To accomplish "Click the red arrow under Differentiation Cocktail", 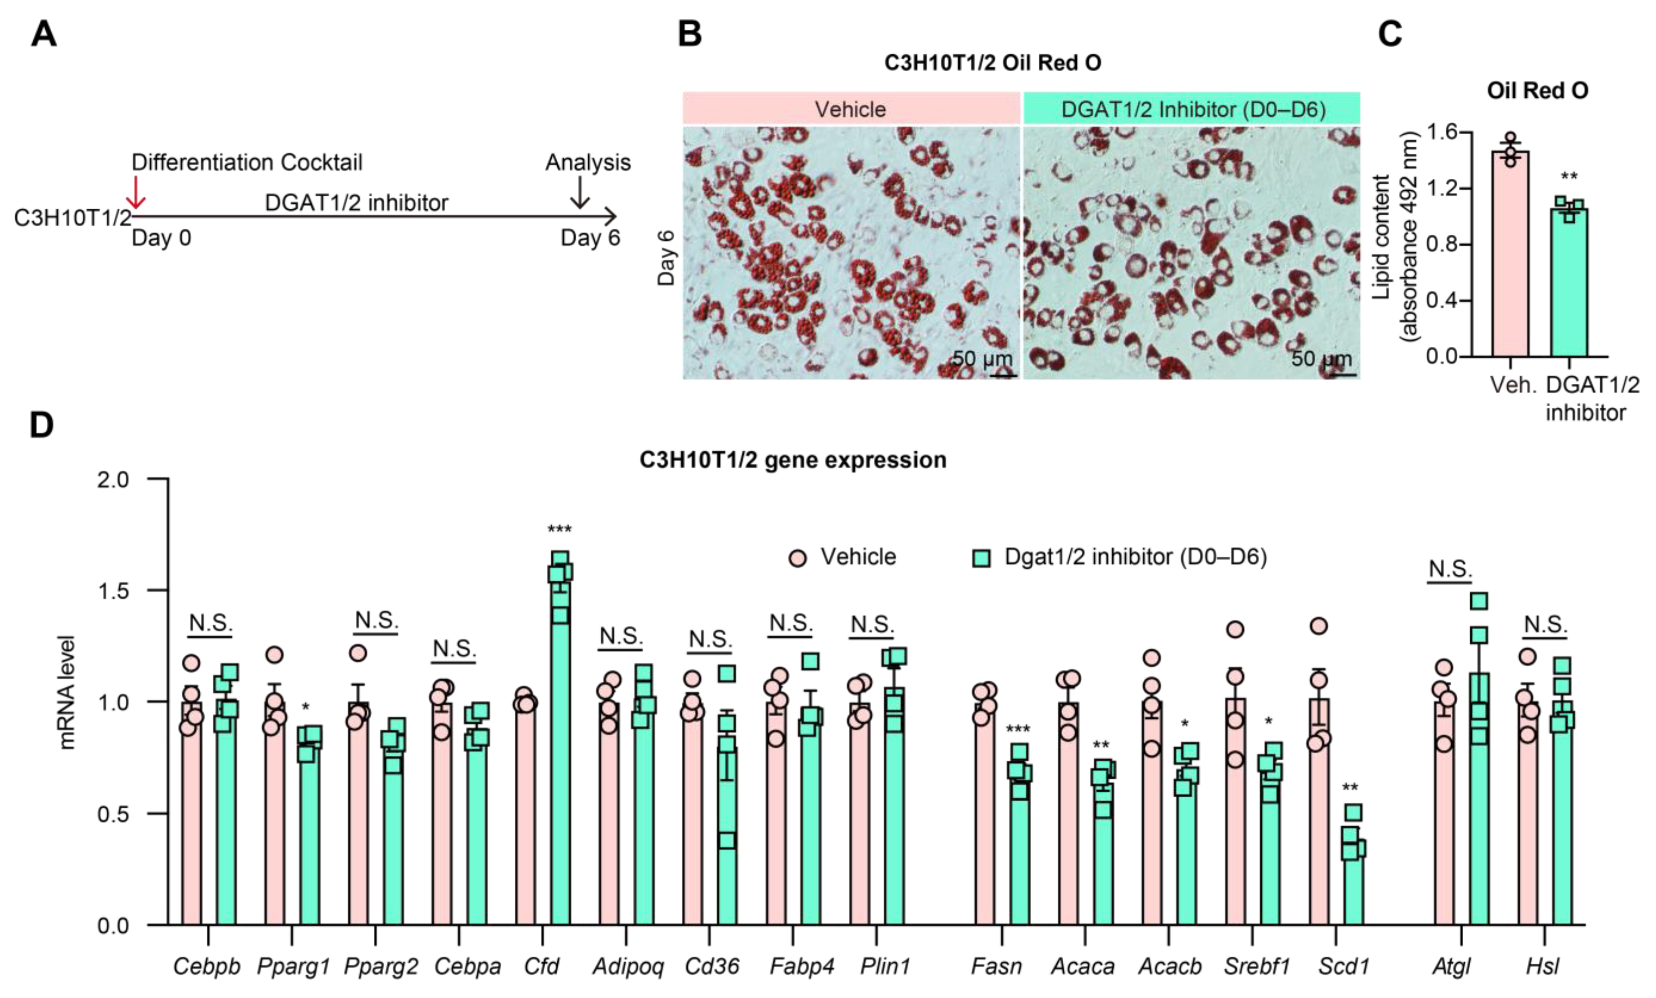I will click(x=136, y=192).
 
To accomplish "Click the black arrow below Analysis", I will click(x=579, y=192).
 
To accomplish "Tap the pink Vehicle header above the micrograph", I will click(x=851, y=109).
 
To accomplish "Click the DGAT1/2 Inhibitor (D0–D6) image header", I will click(x=1192, y=109).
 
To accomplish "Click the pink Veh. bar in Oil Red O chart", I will click(x=1510, y=255).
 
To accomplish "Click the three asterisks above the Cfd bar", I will click(x=559, y=530).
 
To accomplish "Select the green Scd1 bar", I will click(x=1353, y=886).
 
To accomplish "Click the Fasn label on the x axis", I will click(x=996, y=967).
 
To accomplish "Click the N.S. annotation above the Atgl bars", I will click(x=1450, y=569).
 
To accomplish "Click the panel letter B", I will click(x=690, y=34).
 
